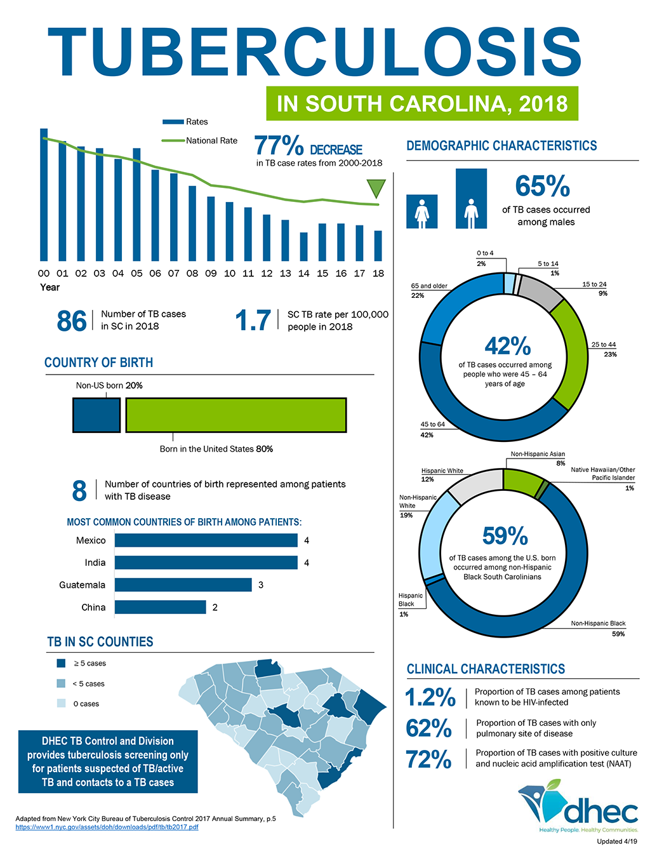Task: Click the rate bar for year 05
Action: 136,204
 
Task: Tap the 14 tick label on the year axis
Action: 304,273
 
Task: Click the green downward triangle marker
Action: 376,188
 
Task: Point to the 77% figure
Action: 279,146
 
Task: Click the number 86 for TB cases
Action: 72,321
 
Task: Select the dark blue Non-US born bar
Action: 96,415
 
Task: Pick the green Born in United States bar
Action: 236,415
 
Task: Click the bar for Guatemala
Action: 183,585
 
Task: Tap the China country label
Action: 93,608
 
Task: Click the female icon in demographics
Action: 422,211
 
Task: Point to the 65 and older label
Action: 429,286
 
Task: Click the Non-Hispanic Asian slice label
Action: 538,454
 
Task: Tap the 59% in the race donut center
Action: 505,536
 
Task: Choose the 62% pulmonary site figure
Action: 429,728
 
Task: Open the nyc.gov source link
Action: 107,827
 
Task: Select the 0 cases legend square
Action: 62,704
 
